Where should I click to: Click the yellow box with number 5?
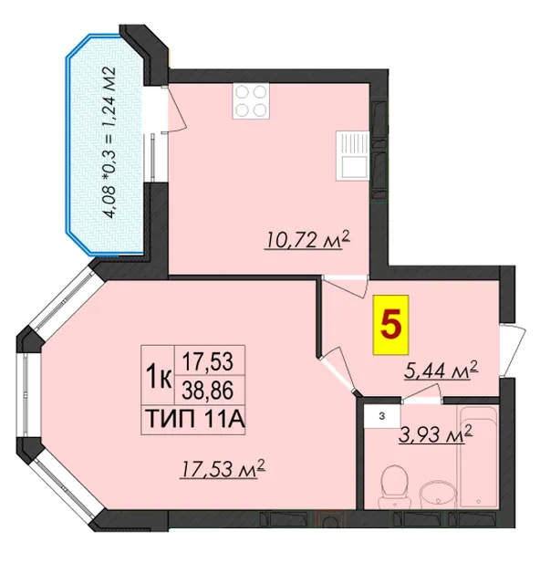point(391,325)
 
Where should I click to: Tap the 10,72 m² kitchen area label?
point(307,240)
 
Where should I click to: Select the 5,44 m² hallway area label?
point(441,370)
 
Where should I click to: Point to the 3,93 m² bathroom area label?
point(436,434)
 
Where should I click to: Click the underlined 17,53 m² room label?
point(223,468)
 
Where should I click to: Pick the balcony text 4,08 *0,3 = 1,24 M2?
point(111,142)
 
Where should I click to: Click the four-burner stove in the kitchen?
point(251,101)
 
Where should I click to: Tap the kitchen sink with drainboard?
point(353,156)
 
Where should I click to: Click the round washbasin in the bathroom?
point(437,496)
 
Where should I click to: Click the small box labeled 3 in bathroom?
point(381,417)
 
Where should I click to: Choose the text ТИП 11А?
point(195,420)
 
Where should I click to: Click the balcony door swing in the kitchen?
point(174,109)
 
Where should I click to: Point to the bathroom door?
point(422,394)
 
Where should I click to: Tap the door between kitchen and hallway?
point(345,286)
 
